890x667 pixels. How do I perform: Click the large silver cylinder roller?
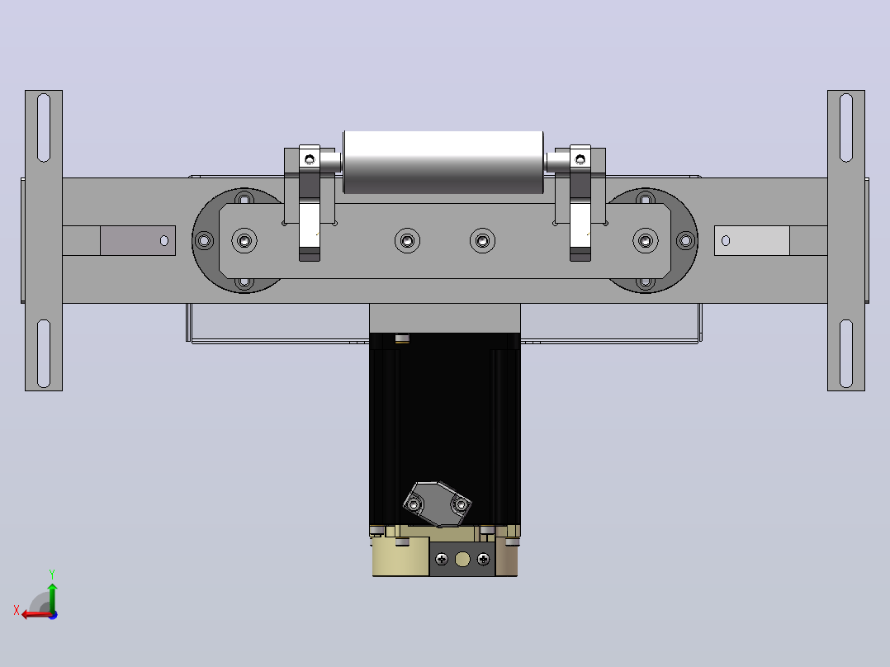[x=443, y=163]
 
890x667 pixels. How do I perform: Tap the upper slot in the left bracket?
[x=44, y=128]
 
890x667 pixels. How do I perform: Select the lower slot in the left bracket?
[x=44, y=353]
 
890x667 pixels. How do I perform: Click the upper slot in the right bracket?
[x=845, y=128]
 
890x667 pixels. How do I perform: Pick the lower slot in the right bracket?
[x=845, y=353]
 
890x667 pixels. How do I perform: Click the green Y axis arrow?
[x=52, y=596]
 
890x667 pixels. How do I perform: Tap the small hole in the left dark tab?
[x=164, y=241]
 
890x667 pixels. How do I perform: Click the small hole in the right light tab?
[x=726, y=241]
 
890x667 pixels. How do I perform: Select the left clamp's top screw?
[x=310, y=159]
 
